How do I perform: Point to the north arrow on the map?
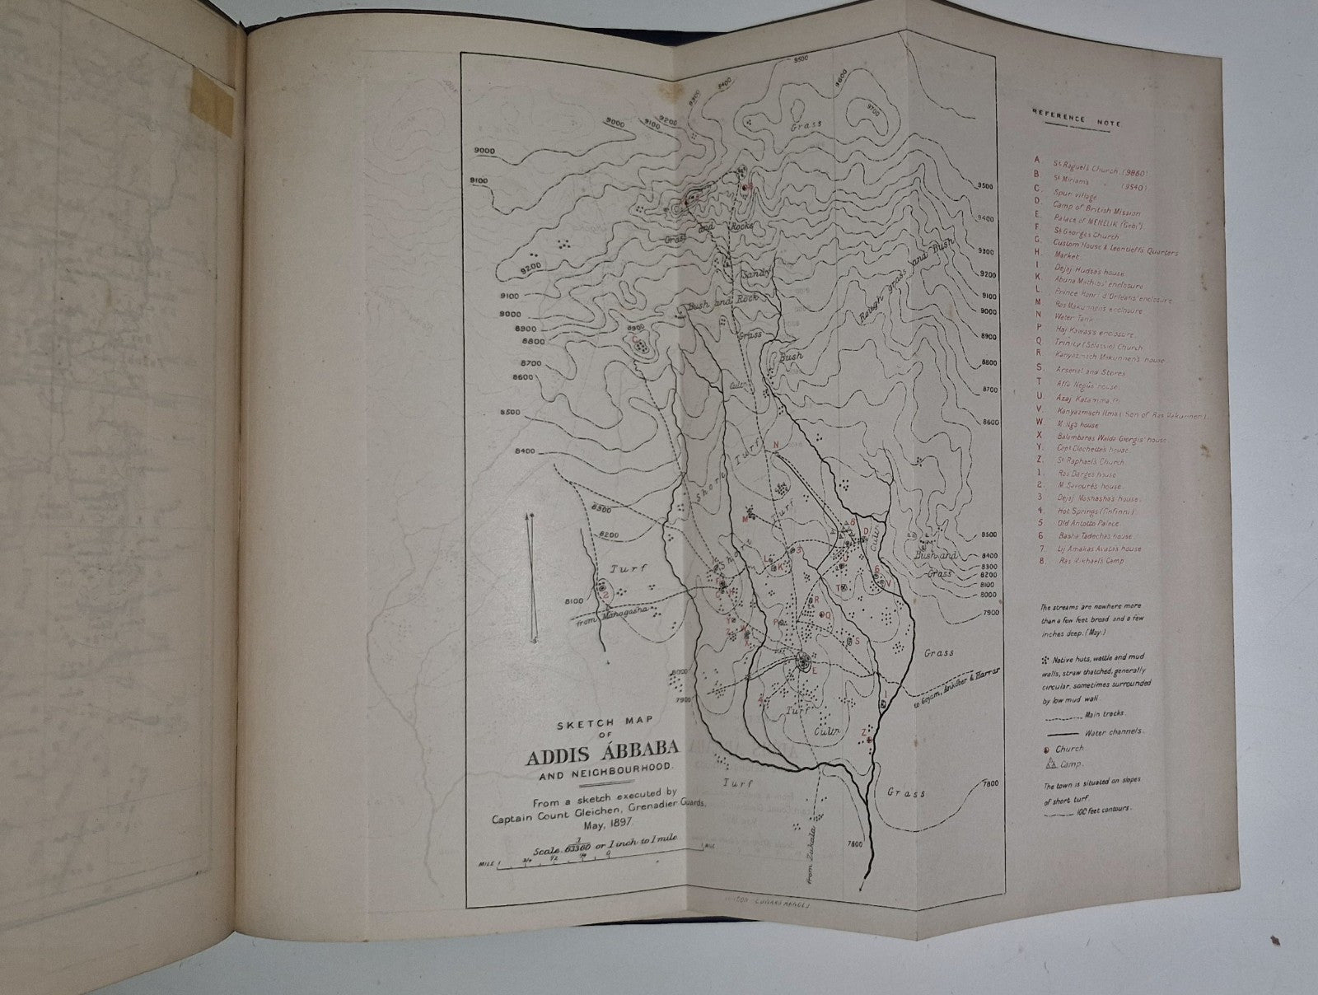pos(533,577)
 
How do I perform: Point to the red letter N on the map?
pos(775,444)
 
